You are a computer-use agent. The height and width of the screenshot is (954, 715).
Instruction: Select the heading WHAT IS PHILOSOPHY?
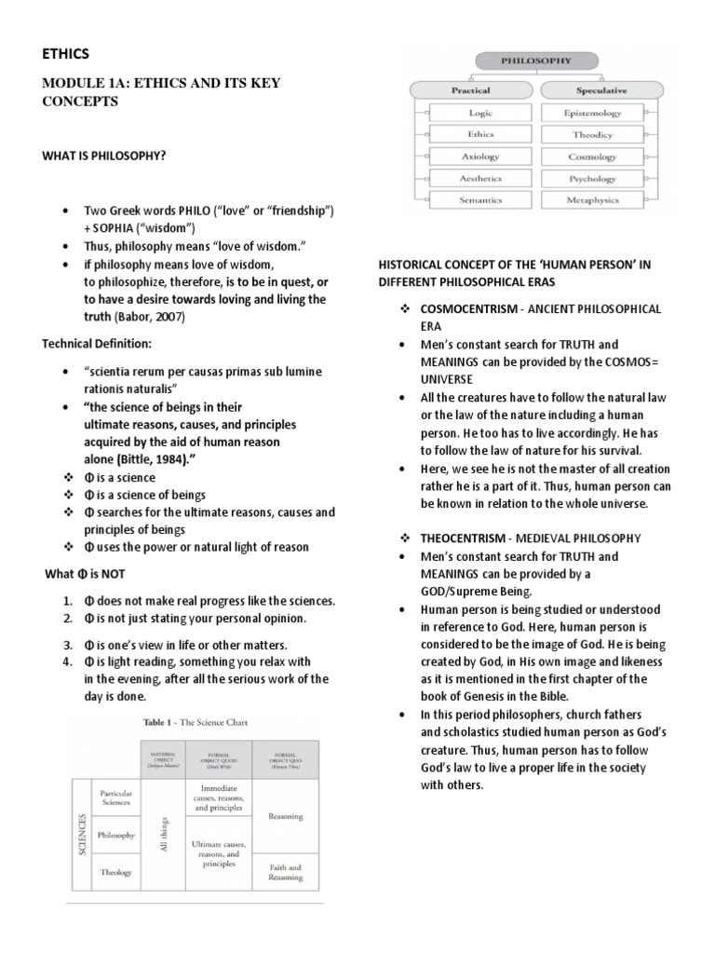click(103, 155)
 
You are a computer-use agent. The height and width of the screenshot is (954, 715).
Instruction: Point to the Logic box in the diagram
click(480, 113)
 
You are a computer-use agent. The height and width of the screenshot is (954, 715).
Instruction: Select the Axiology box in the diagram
click(480, 157)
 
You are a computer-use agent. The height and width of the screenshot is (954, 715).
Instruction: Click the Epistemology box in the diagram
click(592, 113)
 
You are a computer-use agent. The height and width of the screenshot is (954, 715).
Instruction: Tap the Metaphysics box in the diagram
click(592, 200)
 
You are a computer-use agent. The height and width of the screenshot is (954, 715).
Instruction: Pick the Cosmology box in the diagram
click(592, 157)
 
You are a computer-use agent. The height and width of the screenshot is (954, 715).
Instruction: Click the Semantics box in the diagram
click(480, 200)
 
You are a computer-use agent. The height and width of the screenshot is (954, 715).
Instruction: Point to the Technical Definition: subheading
click(96, 344)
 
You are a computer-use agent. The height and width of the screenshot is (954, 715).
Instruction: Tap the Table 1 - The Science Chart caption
click(193, 722)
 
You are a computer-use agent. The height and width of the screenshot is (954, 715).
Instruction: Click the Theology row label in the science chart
click(117, 872)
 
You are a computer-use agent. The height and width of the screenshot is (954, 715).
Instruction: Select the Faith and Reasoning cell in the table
click(285, 872)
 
